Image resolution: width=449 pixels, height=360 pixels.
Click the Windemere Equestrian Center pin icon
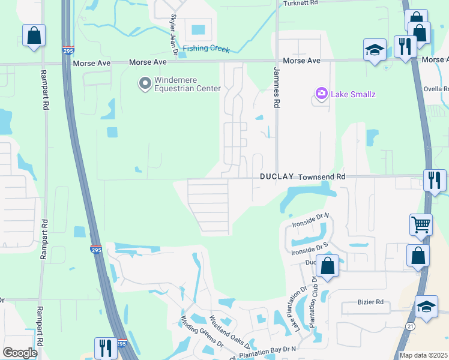[x=145, y=83]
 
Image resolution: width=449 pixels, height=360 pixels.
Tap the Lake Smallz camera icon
[x=322, y=94]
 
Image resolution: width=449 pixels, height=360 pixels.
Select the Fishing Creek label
[x=206, y=49]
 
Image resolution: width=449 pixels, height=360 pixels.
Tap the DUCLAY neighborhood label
[x=276, y=177]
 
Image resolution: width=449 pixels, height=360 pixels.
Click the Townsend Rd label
[x=322, y=177]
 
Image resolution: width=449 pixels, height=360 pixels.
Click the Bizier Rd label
[x=371, y=302]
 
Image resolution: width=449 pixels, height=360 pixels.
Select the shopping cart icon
[x=421, y=225]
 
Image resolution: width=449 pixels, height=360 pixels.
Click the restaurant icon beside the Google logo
[x=106, y=348]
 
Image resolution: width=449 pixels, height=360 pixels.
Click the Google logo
[x=20, y=353]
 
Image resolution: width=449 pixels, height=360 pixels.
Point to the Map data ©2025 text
[x=423, y=355]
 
